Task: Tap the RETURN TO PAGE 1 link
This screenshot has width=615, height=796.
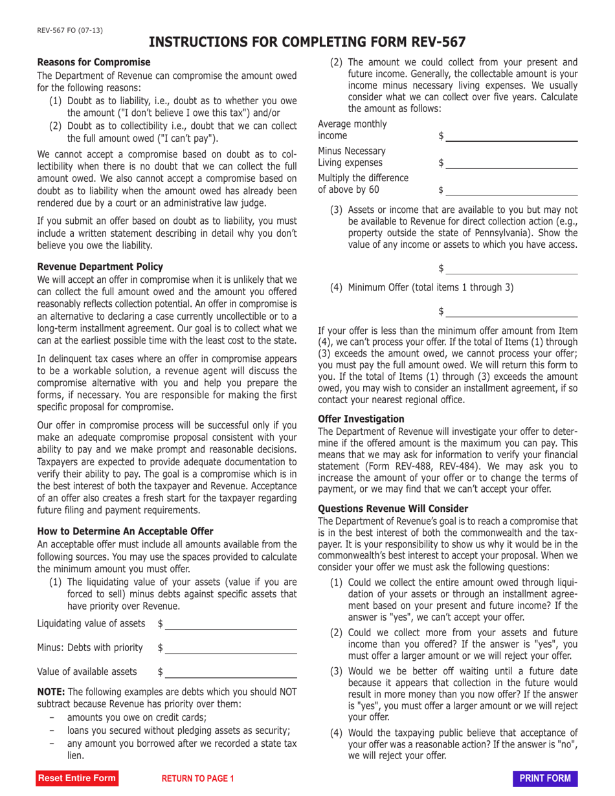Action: tap(197, 779)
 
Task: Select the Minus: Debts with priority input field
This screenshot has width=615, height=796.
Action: tap(231, 647)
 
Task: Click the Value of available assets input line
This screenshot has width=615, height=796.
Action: tap(231, 671)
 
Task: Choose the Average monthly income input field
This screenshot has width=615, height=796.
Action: tap(511, 135)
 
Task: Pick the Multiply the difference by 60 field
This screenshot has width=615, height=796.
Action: tap(511, 190)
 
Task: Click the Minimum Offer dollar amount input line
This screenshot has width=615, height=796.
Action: tap(511, 311)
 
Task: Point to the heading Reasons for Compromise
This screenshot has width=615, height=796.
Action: tap(94, 62)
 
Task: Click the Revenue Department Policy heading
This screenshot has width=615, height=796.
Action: tap(100, 267)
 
